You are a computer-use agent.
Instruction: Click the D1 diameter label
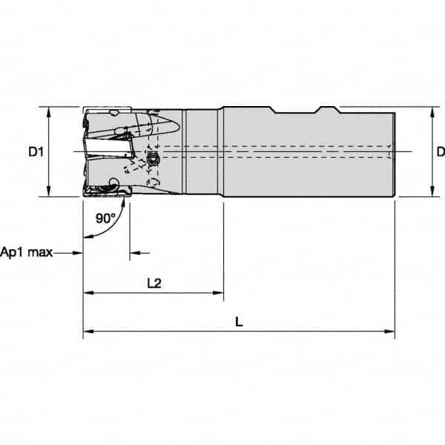pyautogui.click(x=36, y=153)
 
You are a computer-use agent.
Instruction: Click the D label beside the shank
pyautogui.click(x=440, y=153)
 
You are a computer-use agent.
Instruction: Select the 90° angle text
pyautogui.click(x=106, y=218)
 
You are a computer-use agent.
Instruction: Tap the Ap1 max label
pyautogui.click(x=27, y=252)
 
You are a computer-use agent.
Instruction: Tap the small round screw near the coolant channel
pyautogui.click(x=154, y=160)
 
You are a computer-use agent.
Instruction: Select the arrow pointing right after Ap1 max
pyautogui.click(x=77, y=253)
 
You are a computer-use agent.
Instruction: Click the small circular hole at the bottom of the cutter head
pyautogui.click(x=113, y=184)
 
